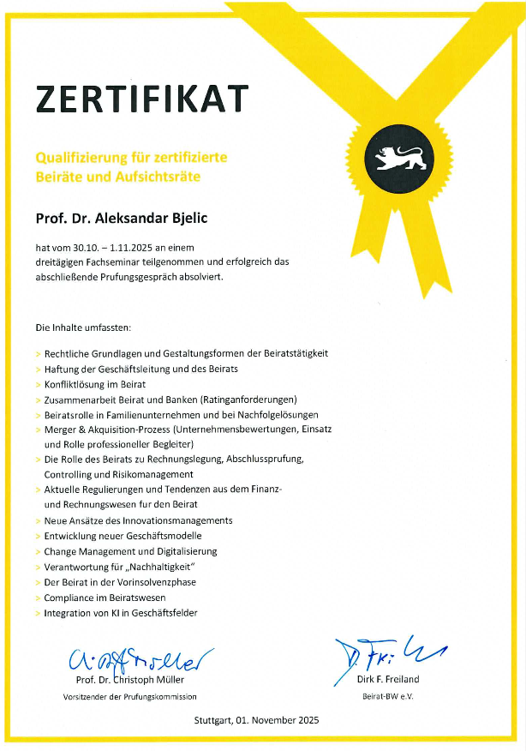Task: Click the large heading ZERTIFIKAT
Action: click(141, 99)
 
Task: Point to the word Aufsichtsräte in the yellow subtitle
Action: click(188, 177)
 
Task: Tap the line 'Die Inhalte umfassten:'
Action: click(83, 327)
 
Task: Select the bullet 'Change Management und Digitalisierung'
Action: click(130, 551)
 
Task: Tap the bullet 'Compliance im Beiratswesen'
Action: click(105, 598)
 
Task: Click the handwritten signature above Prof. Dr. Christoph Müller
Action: click(137, 658)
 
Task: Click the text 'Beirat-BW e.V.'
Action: click(387, 696)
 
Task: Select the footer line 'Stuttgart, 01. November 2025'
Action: click(256, 721)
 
